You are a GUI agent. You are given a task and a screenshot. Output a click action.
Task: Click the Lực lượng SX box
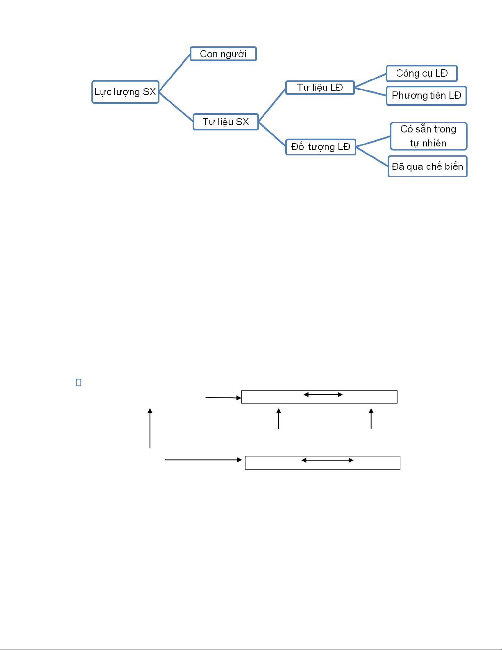[x=125, y=92]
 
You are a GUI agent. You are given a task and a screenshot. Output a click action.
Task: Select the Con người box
[x=223, y=54]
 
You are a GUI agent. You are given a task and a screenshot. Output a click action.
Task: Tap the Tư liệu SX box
[x=226, y=122]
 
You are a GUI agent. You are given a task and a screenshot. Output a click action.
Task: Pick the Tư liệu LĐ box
[x=320, y=87]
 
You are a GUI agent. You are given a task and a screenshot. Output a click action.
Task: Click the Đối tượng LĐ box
[x=320, y=147]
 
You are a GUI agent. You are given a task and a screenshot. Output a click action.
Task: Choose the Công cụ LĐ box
[x=422, y=73]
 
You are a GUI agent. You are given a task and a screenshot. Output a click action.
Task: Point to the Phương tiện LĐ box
[x=427, y=96]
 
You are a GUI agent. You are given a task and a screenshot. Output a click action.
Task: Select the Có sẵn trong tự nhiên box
[x=428, y=136]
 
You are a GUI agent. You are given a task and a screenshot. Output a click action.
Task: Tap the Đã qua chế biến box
[x=427, y=166]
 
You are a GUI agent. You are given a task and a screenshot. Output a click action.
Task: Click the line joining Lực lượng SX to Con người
[x=175, y=73]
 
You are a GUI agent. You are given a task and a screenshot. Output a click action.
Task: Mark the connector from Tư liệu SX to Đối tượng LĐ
[x=272, y=134]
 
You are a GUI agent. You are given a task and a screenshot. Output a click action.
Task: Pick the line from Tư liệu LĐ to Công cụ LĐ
[x=370, y=80]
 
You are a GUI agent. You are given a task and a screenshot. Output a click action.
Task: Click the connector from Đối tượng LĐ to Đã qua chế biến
[x=372, y=156]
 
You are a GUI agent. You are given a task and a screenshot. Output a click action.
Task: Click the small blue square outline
[x=79, y=383]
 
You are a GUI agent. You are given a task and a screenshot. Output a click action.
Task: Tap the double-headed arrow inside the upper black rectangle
[x=323, y=395]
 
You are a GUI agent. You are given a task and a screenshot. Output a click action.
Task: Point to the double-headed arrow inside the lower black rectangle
[x=327, y=461]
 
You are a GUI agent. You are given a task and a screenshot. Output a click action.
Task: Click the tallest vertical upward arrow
[x=150, y=428]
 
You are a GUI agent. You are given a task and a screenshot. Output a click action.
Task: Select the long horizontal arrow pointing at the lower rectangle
[x=204, y=460]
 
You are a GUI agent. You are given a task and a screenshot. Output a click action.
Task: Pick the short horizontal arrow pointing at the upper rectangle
[x=223, y=397]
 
